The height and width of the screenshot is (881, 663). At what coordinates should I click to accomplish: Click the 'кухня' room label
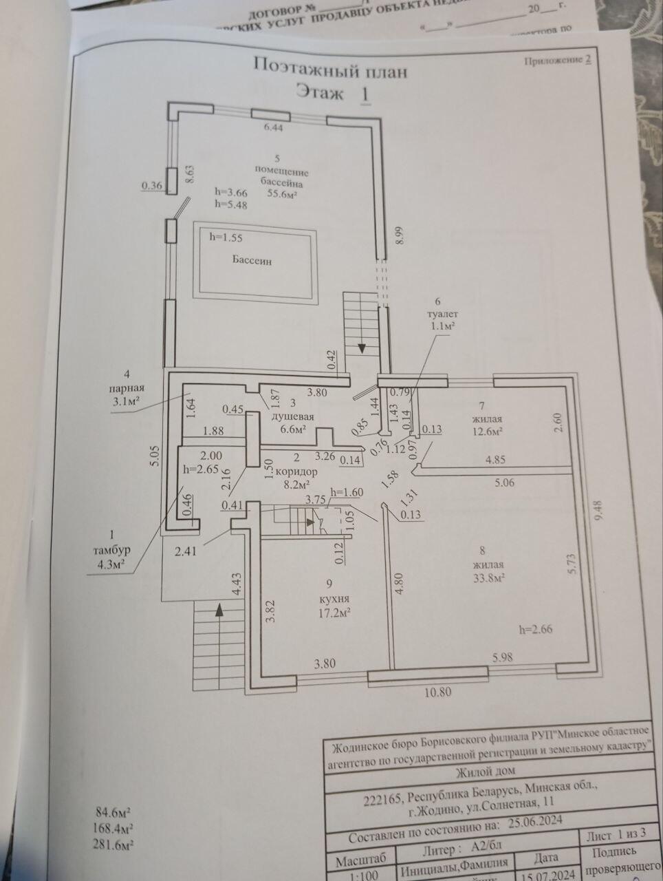324,598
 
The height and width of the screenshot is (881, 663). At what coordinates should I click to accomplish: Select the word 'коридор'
298,472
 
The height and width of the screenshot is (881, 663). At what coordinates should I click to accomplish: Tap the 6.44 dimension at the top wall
274,127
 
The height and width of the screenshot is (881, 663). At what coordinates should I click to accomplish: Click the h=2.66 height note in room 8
536,628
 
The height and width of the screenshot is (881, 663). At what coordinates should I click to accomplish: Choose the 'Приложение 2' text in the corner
558,61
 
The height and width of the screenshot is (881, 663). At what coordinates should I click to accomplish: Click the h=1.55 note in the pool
226,237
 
